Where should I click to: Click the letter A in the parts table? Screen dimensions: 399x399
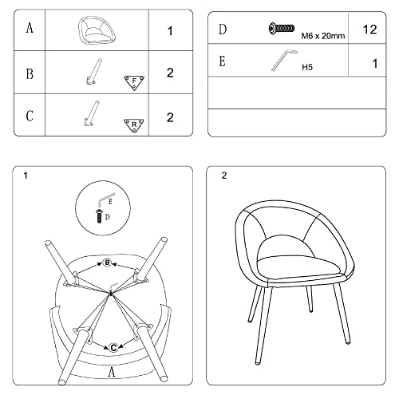[30, 28]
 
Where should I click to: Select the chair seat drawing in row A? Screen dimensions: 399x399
[97, 30]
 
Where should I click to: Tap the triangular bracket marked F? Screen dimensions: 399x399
[134, 83]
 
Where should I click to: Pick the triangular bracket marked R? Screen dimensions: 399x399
[134, 125]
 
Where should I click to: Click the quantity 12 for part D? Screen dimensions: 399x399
[369, 30]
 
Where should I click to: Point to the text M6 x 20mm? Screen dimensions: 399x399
[323, 36]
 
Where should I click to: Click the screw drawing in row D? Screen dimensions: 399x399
[282, 28]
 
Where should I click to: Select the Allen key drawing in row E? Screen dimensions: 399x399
[284, 60]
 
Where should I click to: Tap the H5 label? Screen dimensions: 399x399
[307, 67]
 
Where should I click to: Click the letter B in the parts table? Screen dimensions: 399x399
[30, 73]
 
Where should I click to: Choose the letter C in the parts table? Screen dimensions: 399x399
[30, 116]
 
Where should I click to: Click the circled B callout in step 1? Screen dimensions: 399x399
[107, 263]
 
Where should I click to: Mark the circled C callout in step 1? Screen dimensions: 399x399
[113, 348]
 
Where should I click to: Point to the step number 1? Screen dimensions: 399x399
[26, 176]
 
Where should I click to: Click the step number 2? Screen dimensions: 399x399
[224, 176]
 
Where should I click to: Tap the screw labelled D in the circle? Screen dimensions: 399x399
[99, 216]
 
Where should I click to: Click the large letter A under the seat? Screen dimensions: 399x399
[112, 371]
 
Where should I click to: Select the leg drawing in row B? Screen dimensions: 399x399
[94, 72]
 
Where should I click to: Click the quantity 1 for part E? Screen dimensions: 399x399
[375, 64]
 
